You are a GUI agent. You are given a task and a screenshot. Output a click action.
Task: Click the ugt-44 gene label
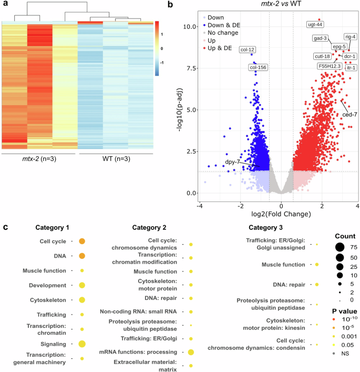(x=315, y=24)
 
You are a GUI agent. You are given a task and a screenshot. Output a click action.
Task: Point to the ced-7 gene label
(x=350, y=114)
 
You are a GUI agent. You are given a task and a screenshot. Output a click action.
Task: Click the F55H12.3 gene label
(x=330, y=66)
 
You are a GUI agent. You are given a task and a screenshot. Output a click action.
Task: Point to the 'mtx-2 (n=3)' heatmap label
(x=38, y=159)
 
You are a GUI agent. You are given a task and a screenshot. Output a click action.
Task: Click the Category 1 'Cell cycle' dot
(x=82, y=242)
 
